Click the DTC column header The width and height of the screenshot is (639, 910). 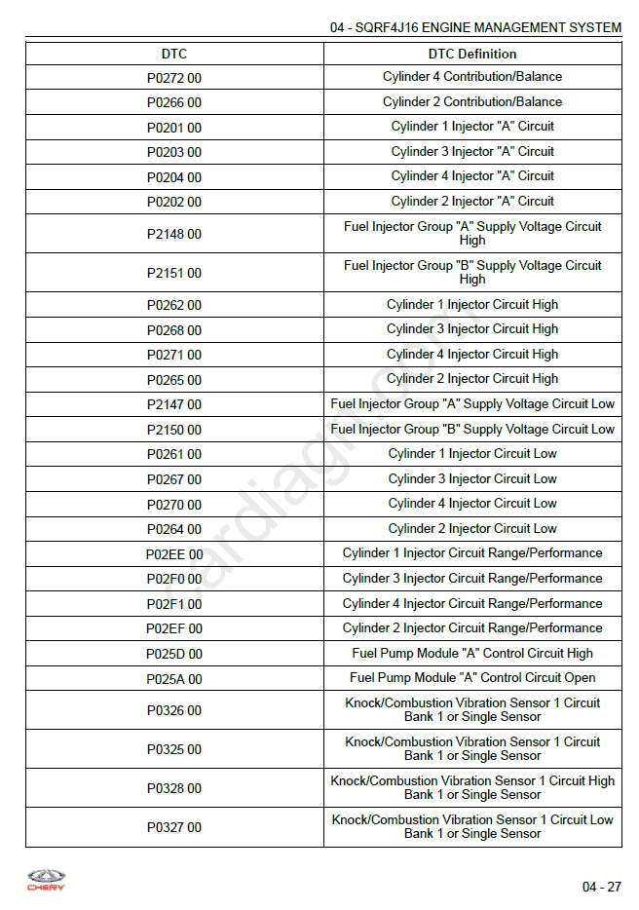[174, 54]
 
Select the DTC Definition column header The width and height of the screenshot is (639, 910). [472, 54]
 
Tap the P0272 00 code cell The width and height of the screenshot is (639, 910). [174, 77]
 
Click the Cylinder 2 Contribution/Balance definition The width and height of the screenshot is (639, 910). [472, 101]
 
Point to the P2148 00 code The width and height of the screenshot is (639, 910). [174, 234]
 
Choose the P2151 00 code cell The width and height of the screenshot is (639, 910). [174, 273]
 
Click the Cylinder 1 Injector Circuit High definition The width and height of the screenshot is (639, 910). [472, 304]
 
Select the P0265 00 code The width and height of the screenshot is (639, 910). [174, 380]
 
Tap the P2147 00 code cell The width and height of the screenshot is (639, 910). [174, 404]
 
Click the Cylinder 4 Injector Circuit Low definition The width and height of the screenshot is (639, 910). [472, 504]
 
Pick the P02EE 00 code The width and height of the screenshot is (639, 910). [174, 554]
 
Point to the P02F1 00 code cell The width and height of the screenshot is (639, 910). [174, 604]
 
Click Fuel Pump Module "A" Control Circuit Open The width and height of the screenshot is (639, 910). [472, 678]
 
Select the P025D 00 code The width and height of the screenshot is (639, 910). [174, 654]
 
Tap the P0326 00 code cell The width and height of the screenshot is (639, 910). [174, 710]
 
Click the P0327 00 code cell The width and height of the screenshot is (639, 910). [174, 827]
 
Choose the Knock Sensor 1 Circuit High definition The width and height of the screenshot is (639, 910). [472, 787]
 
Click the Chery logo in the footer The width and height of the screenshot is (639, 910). [45, 880]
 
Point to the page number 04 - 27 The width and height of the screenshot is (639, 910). [601, 887]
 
